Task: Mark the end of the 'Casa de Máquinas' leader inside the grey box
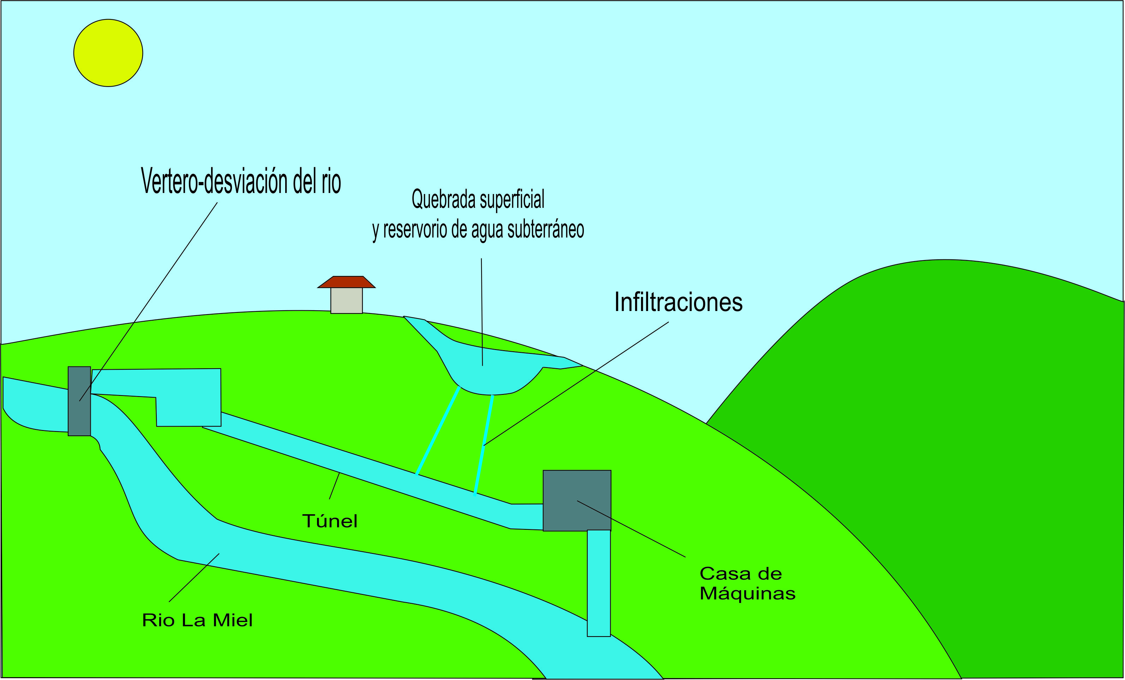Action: [x=578, y=501]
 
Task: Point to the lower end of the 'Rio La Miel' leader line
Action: [x=169, y=602]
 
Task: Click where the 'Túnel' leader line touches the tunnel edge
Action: [x=340, y=473]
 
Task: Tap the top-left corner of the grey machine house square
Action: [x=543, y=470]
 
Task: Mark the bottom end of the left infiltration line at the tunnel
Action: [x=417, y=474]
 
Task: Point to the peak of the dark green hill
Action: [x=945, y=259]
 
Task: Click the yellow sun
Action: [x=108, y=53]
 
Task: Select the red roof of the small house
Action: [x=347, y=282]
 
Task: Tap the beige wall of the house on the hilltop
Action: [x=347, y=301]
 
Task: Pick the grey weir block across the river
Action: [x=79, y=401]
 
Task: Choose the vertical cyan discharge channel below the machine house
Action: [x=599, y=583]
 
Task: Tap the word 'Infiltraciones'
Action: [x=678, y=302]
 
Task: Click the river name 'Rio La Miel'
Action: [x=197, y=620]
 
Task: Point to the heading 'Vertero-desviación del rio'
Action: [x=241, y=181]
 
